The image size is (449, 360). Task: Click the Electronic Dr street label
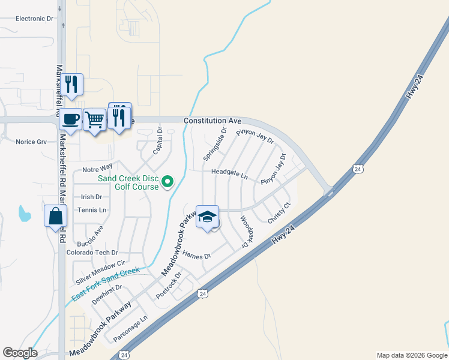point(34,19)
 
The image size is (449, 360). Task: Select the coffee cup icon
point(71,119)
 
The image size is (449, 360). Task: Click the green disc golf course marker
point(168,181)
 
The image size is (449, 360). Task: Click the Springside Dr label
point(215,143)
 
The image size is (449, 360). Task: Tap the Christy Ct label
point(279,214)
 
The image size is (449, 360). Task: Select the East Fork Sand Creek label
point(106,285)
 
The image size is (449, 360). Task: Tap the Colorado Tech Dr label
point(92,253)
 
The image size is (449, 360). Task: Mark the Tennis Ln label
point(92,210)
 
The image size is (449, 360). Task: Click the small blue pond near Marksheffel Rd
point(24,213)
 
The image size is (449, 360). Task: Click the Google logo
point(20,353)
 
